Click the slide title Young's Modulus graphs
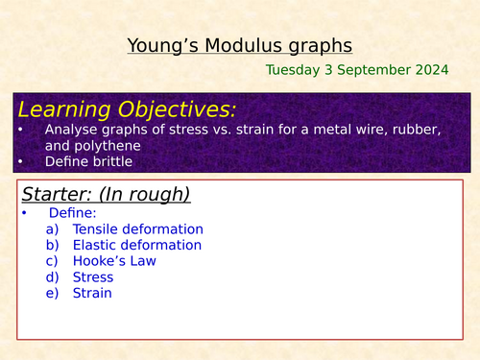tap(239, 45)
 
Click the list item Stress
tap(93, 277)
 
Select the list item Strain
tap(92, 293)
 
